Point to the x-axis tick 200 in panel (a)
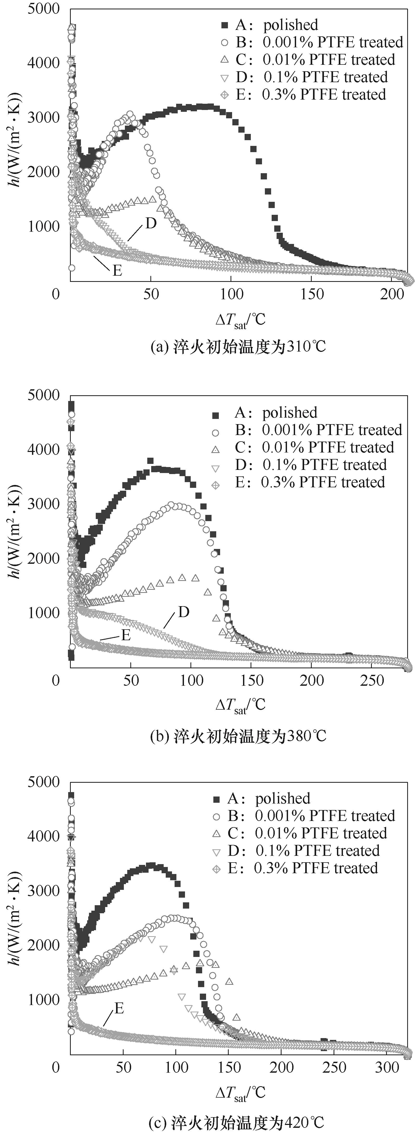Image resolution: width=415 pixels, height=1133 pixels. coord(392,294)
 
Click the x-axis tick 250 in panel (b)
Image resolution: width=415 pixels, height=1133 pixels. coord(372,681)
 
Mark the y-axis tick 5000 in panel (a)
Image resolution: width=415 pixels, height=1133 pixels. coord(43,9)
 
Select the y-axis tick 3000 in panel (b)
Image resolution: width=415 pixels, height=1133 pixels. coord(43,504)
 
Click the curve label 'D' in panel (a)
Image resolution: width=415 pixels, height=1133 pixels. coord(151,223)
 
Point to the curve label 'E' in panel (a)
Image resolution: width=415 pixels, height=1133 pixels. coord(117,270)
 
